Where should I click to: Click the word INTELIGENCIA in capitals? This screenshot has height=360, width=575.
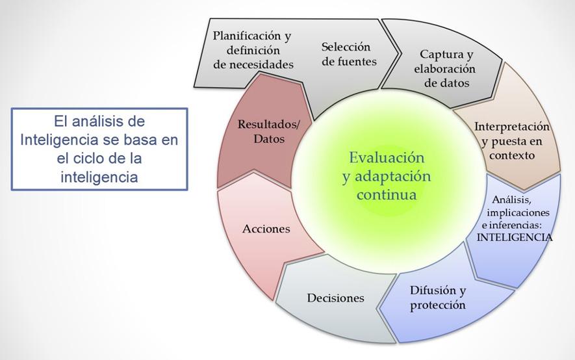pyautogui.click(x=515, y=237)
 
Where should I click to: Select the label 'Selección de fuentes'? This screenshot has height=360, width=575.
pyautogui.click(x=346, y=54)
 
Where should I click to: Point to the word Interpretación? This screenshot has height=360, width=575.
pyautogui.click(x=511, y=126)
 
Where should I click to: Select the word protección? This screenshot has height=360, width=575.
pyautogui.click(x=438, y=305)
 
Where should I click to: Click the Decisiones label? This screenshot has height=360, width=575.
pyautogui.click(x=335, y=298)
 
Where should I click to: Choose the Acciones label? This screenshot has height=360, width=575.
pyautogui.click(x=266, y=229)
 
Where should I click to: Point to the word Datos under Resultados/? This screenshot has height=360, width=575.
pyautogui.click(x=269, y=138)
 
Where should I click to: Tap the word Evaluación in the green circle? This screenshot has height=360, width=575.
pyautogui.click(x=387, y=158)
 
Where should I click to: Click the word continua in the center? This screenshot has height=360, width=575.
pyautogui.click(x=387, y=194)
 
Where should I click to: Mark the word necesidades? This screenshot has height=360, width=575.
pyautogui.click(x=262, y=64)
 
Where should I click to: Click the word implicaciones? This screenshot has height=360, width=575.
pyautogui.click(x=518, y=212)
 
